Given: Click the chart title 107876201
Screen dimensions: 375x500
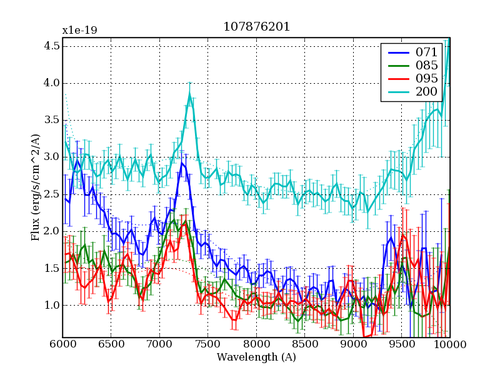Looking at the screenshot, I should pyautogui.click(x=256, y=28).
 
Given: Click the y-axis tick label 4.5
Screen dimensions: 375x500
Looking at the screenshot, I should pyautogui.click(x=52, y=46).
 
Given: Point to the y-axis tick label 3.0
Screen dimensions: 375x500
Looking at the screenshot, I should pyautogui.click(x=52, y=157).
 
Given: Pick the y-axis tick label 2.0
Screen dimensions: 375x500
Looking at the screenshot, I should pyautogui.click(x=52, y=231).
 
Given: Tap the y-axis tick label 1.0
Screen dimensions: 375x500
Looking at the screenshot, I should pyautogui.click(x=52, y=305).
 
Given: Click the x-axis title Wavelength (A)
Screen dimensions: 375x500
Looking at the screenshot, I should pyautogui.click(x=256, y=357).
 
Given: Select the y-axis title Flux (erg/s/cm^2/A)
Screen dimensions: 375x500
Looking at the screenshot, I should pyautogui.click(x=35, y=187).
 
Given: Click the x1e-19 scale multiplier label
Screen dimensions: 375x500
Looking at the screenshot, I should pyautogui.click(x=79, y=29).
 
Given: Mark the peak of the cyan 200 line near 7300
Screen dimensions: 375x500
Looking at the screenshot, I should pyautogui.click(x=189, y=94).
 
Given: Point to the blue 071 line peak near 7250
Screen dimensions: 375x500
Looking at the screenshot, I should pyautogui.click(x=182, y=164).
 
